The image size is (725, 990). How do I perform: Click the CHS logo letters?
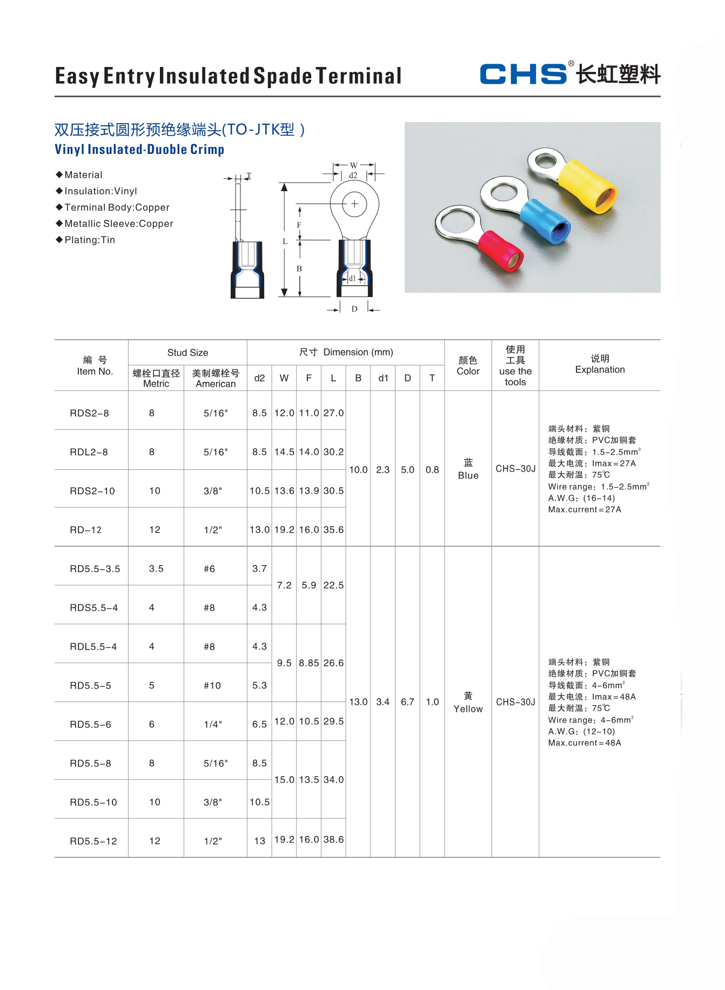tap(522, 74)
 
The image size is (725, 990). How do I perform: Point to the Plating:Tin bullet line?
tap(89, 240)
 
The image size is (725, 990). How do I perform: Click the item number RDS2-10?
tap(92, 491)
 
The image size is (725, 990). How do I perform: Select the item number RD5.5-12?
tap(93, 841)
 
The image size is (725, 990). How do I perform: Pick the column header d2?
tap(259, 378)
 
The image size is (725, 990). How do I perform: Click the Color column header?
tap(468, 366)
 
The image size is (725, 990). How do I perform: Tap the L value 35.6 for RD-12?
tap(333, 530)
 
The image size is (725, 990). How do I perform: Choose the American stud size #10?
tap(212, 685)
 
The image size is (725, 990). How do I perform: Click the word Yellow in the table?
tap(468, 709)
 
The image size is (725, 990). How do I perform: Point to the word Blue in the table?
tap(468, 475)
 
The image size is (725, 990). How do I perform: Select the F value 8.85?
tap(308, 663)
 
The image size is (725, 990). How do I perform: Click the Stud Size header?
tap(187, 353)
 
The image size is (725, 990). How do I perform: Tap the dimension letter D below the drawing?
tap(354, 309)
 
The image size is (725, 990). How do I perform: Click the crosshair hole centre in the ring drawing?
tap(354, 204)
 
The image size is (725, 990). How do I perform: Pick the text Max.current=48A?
tap(585, 743)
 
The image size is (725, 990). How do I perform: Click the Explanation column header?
tap(600, 365)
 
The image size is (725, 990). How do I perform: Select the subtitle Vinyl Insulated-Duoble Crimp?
tap(139, 150)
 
